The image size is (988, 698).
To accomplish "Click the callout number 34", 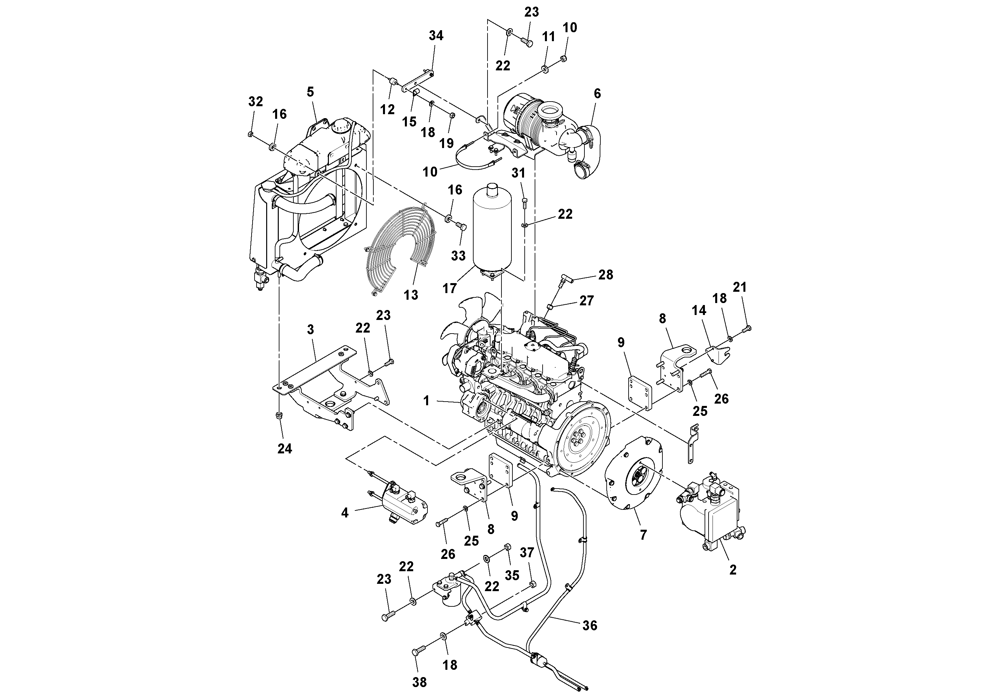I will click(436, 36).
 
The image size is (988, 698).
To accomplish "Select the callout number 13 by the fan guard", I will click(411, 295).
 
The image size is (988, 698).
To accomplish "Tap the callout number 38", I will click(419, 682).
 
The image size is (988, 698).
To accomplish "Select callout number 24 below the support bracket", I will click(284, 449).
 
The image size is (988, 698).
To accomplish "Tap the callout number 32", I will click(256, 102).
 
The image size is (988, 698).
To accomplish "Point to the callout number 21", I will click(739, 287).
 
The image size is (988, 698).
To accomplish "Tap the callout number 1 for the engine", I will click(426, 401).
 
